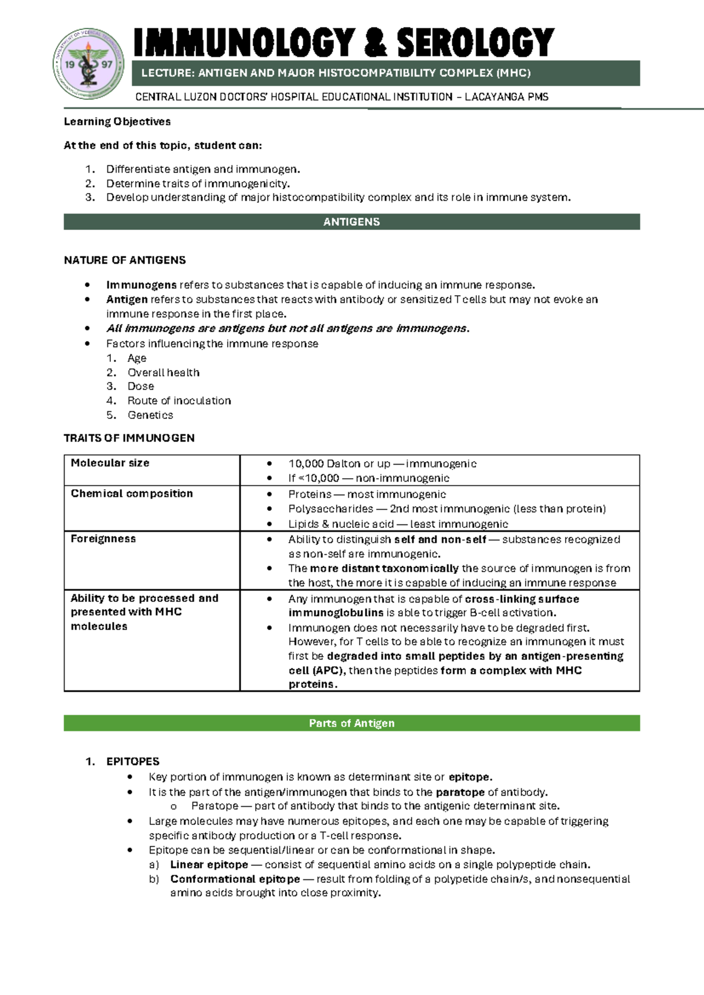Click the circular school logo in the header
pos(89,64)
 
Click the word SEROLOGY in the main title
pos(475,43)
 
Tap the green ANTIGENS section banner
pos(351,222)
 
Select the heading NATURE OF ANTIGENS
pos(124,260)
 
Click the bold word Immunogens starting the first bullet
pos(141,285)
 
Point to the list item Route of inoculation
pos(179,401)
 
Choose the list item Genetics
pos(150,415)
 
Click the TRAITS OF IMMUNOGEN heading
pos(129,438)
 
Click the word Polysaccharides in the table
pos(330,509)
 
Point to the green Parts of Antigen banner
pos(351,723)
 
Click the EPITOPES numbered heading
pos(133,762)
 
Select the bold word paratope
pos(460,792)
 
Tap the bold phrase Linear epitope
pos(209,865)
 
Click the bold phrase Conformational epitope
pos(235,879)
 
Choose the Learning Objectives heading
pos(117,121)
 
